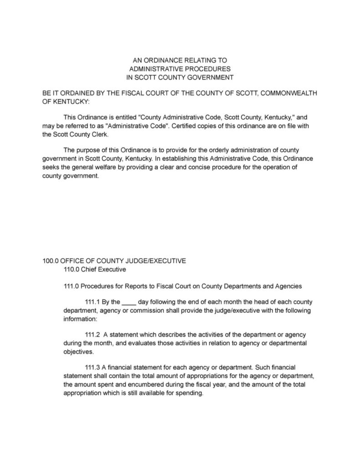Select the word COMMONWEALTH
(287, 93)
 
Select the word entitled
(117, 117)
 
